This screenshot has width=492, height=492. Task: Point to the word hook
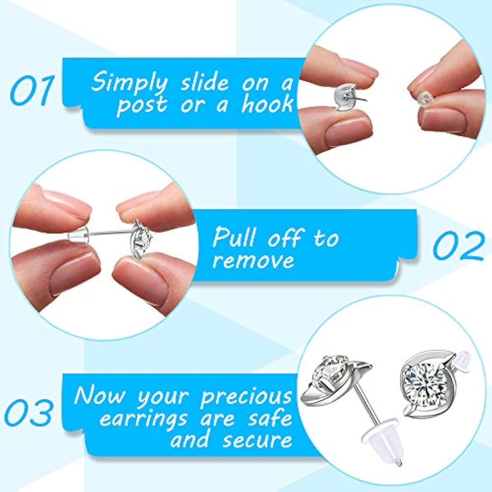267,104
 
